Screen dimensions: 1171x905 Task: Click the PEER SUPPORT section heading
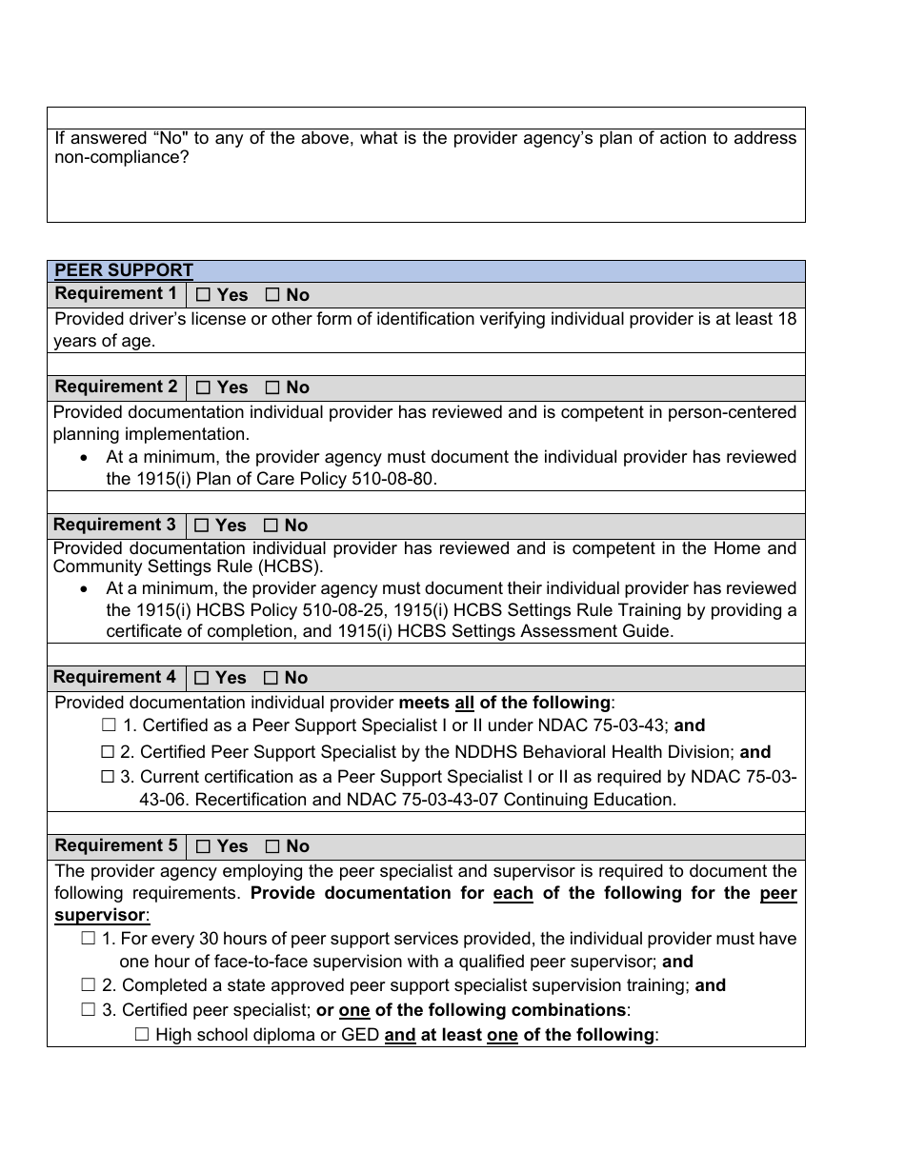(x=124, y=270)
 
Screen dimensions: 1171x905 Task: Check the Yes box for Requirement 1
(x=203, y=295)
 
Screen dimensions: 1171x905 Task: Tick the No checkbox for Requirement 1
(x=272, y=295)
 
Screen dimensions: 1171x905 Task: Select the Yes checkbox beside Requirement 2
(x=203, y=387)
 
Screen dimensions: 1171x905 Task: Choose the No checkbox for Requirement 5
(x=272, y=846)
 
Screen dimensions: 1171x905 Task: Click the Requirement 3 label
(x=114, y=525)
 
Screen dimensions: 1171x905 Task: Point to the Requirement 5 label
(x=116, y=845)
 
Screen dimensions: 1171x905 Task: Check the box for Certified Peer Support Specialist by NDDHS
(x=108, y=752)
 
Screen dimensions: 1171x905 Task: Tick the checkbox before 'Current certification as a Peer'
(x=108, y=777)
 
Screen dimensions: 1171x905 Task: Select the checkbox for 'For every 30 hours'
(x=89, y=939)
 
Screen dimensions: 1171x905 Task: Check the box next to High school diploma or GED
(x=143, y=1035)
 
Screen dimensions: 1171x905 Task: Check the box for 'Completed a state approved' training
(x=89, y=985)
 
